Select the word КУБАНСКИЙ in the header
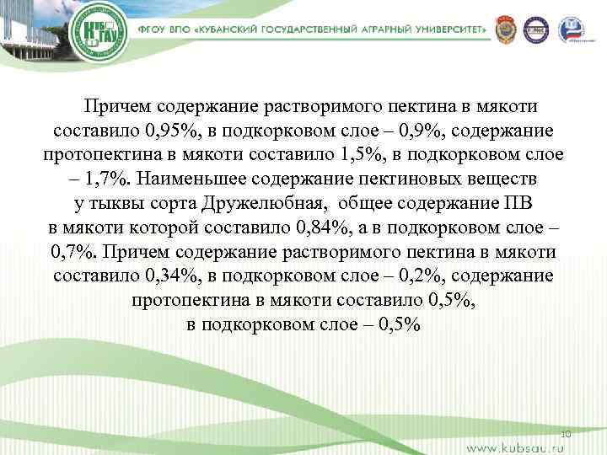[x=234, y=29]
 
